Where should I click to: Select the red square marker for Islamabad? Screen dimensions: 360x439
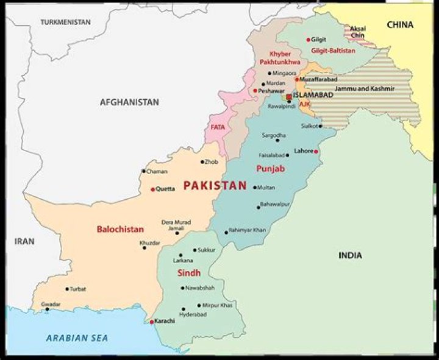[x=288, y=96]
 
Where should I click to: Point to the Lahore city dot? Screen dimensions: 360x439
[x=316, y=151]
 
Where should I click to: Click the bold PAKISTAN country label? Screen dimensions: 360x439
[x=215, y=186]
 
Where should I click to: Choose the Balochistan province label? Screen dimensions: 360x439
[x=120, y=230]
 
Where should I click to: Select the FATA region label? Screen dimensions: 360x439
[x=218, y=127]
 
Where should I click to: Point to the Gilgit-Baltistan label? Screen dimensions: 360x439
[x=333, y=51]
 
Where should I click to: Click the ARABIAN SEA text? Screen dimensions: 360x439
[x=77, y=338]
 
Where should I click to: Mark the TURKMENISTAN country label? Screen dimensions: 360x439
[x=65, y=23]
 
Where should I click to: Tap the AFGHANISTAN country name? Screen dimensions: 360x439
[x=129, y=102]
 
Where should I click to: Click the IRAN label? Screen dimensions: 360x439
[x=24, y=241]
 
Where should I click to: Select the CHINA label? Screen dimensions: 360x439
[x=400, y=25]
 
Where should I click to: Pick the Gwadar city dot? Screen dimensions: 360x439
[x=47, y=309]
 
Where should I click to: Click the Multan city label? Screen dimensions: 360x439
[x=266, y=187]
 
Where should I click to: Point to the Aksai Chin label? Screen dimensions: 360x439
[x=358, y=32]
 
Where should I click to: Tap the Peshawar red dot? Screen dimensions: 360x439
[x=255, y=91]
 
